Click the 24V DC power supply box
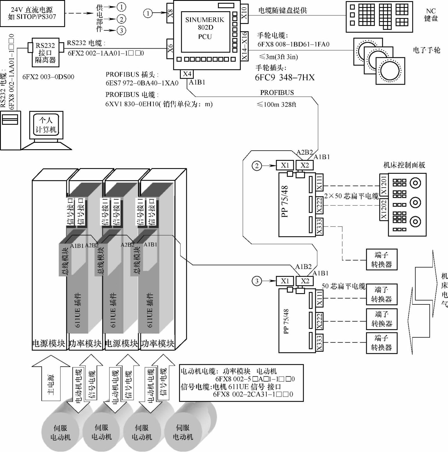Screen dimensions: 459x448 (32, 13)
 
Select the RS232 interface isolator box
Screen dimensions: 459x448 (45, 53)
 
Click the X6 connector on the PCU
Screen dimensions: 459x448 (170, 48)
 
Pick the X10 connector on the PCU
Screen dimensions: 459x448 (244, 13)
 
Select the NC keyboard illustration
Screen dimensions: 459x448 (379, 17)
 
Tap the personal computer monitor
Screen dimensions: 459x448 (46, 125)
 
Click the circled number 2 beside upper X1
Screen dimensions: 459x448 (257, 166)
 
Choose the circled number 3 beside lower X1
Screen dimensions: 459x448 (257, 281)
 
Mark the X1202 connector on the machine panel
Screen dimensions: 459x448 (384, 210)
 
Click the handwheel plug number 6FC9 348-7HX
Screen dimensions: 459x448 (285, 78)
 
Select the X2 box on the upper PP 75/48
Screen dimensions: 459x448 (305, 165)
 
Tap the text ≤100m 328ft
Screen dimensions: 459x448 (276, 105)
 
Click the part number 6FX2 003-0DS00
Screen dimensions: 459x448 (48, 77)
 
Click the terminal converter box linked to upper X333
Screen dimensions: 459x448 (381, 260)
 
